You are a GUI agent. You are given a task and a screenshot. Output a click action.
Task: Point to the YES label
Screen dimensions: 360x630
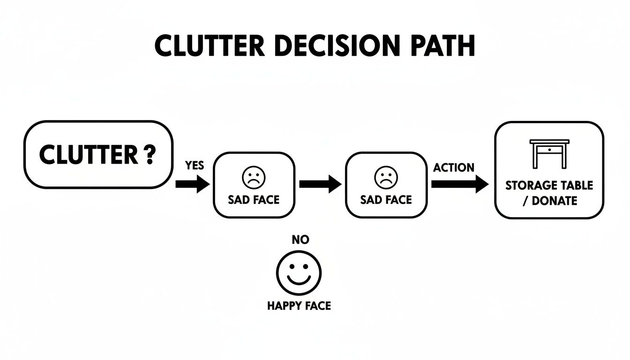tap(195, 166)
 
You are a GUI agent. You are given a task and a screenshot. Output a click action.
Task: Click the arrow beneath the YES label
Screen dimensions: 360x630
tap(193, 184)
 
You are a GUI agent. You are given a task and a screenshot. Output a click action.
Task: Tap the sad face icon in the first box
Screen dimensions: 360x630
tap(254, 178)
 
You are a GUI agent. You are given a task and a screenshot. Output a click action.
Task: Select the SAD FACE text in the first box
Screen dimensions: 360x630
tap(254, 200)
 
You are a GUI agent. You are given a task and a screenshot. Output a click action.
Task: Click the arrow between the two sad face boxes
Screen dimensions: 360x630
tap(320, 184)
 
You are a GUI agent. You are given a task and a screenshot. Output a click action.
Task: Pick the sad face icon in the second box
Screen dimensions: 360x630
tap(386, 178)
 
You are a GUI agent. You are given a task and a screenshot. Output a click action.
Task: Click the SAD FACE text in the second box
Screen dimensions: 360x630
tap(386, 200)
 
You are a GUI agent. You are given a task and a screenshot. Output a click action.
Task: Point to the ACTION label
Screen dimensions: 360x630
tap(454, 167)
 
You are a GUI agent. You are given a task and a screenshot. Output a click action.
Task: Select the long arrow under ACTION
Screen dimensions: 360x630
tap(459, 184)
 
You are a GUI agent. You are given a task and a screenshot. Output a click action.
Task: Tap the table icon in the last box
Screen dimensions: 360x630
tap(549, 154)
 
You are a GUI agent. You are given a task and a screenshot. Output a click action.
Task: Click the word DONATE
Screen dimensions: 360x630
tap(554, 201)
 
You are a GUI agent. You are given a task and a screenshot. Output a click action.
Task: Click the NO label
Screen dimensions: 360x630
tap(300, 240)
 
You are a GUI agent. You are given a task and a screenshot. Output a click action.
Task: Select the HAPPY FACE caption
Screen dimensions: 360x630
tap(299, 306)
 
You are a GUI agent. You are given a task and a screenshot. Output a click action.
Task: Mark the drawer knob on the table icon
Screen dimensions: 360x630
tap(549, 149)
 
